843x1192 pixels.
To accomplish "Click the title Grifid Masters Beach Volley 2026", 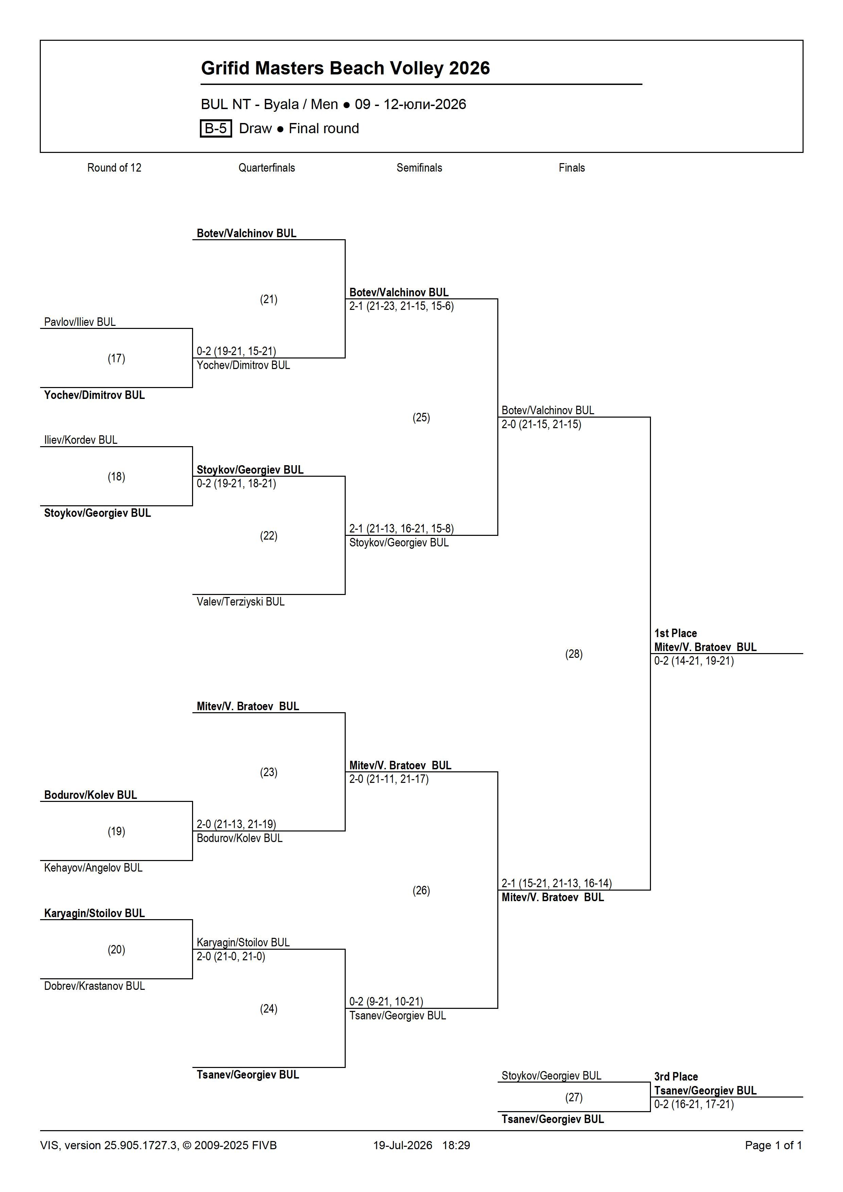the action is (345, 68).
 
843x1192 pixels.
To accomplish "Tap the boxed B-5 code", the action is (216, 128).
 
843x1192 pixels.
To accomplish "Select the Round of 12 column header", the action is (114, 168).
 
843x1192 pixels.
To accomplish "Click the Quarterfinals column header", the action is (266, 168).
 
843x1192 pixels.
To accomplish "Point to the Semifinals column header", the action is (419, 168).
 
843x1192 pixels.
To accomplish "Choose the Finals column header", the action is (572, 168).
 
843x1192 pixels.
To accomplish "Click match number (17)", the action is (116, 358).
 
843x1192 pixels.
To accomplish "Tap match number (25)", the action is (421, 417).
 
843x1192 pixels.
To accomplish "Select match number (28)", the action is (574, 654).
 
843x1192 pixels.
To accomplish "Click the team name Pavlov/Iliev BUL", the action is (80, 322).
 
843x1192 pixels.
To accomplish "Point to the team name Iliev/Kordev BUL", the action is (81, 440).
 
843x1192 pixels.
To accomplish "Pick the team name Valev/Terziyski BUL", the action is (240, 602).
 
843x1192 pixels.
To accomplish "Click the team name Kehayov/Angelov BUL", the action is (93, 867).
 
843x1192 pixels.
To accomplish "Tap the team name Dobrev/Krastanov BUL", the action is (94, 986).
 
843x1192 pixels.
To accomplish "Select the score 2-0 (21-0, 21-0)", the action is (230, 956).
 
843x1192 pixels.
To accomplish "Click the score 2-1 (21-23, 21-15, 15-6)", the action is (401, 306).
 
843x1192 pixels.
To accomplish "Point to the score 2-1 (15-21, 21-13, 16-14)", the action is (557, 883).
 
